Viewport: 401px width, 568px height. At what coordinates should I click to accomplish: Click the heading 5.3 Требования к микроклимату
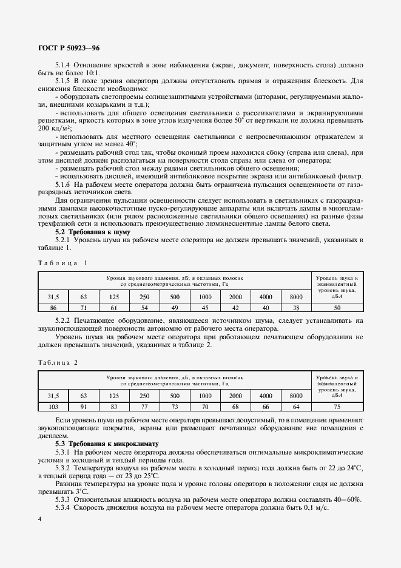107,444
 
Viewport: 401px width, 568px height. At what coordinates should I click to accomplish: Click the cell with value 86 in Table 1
53,308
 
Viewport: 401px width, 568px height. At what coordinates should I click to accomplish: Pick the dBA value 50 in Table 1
337,308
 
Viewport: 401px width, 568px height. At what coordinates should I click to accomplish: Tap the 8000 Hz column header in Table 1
295,297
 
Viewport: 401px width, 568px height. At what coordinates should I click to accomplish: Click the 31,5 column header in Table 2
53,397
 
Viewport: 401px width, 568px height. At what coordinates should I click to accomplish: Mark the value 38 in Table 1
295,308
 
